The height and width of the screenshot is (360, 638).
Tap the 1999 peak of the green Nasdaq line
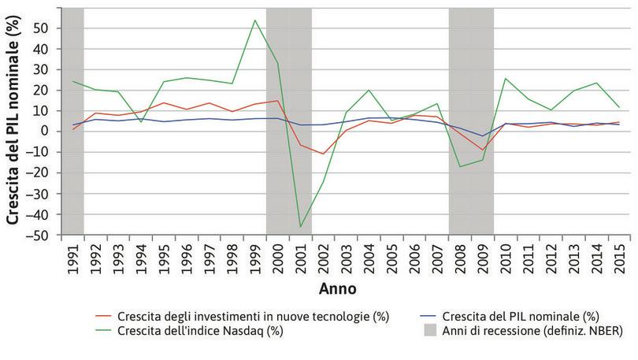click(x=255, y=20)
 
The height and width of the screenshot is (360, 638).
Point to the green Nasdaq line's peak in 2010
click(x=505, y=78)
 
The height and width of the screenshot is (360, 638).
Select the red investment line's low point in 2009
click(x=482, y=150)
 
